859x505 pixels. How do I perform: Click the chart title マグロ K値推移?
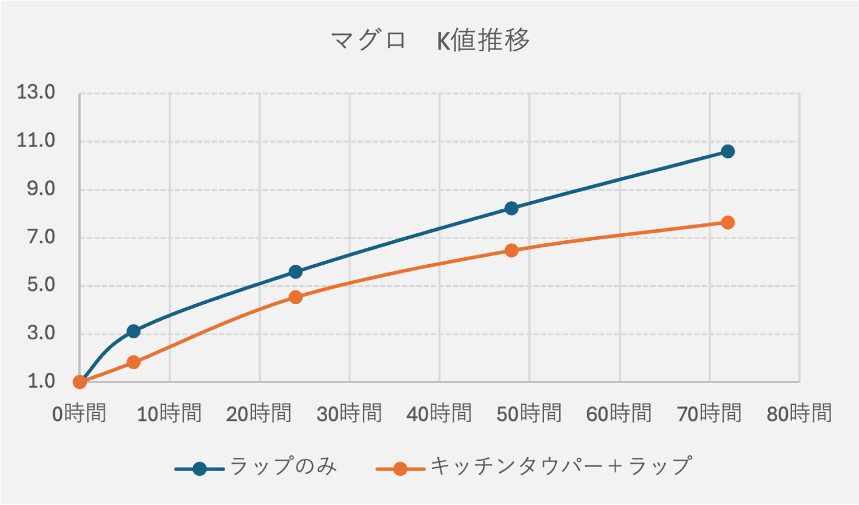430,41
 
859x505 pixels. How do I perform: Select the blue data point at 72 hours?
727,152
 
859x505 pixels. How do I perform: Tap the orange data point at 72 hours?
727,223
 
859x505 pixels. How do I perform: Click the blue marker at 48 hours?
511,208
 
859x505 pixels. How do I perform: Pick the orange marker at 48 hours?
511,251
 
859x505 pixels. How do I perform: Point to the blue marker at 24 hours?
296,272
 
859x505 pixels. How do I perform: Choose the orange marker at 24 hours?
296,297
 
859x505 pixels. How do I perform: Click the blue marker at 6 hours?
134,331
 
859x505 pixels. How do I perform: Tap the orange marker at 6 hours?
134,362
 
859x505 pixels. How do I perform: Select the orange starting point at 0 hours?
80,382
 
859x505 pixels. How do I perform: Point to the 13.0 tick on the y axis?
36,92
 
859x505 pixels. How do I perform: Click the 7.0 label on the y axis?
40,237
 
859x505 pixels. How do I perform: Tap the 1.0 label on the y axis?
40,381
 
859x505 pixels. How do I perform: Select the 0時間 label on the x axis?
79,414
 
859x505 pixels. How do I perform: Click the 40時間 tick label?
439,414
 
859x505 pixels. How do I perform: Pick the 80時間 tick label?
799,414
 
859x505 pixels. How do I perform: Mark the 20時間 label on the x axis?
259,414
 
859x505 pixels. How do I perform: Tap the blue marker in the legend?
199,469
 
